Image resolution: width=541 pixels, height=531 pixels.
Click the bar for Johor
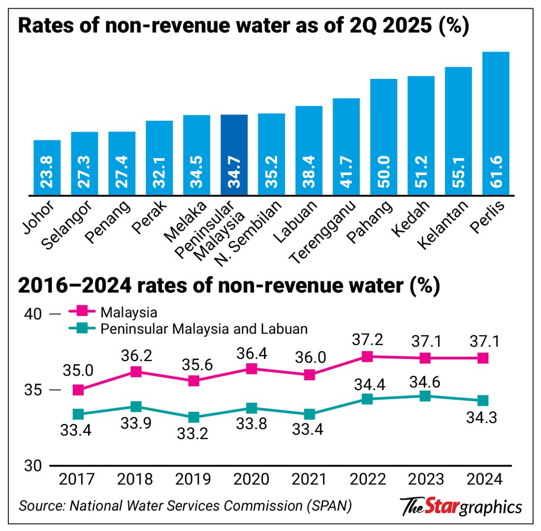(x=47, y=168)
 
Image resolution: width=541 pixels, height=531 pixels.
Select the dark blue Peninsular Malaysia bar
(x=234, y=155)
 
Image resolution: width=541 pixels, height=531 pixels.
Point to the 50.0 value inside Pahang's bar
(x=384, y=172)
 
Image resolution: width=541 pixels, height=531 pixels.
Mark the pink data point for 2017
(x=78, y=390)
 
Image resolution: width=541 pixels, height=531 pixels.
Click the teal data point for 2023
(x=425, y=396)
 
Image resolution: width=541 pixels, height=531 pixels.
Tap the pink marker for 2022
(x=367, y=356)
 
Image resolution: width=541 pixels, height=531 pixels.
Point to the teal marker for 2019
(x=194, y=417)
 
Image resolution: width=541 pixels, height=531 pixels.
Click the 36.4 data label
(x=252, y=353)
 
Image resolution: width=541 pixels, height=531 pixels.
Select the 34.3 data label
(x=482, y=418)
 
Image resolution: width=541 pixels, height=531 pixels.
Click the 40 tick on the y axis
(x=33, y=314)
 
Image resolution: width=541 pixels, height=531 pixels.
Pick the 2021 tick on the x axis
(x=309, y=479)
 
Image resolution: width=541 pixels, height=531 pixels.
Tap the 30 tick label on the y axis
(x=33, y=466)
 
